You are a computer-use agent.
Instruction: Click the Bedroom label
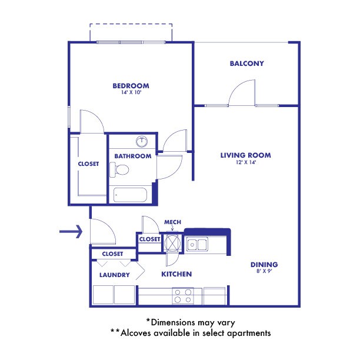tap(131, 86)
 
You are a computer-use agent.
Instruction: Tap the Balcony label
tap(246, 64)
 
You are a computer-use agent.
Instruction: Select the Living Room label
tap(245, 155)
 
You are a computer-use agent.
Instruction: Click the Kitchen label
tap(176, 274)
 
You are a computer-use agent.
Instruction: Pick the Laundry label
tap(110, 275)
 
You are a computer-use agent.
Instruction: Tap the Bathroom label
tap(133, 156)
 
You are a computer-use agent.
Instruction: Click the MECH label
tap(172, 222)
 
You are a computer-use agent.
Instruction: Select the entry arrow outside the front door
tap(71, 232)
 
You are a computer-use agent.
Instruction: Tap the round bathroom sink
tap(142, 142)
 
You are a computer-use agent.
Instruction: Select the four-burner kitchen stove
tap(182, 295)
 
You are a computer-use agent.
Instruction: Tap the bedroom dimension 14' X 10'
tap(131, 93)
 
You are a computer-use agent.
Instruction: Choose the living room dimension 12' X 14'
tap(245, 162)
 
